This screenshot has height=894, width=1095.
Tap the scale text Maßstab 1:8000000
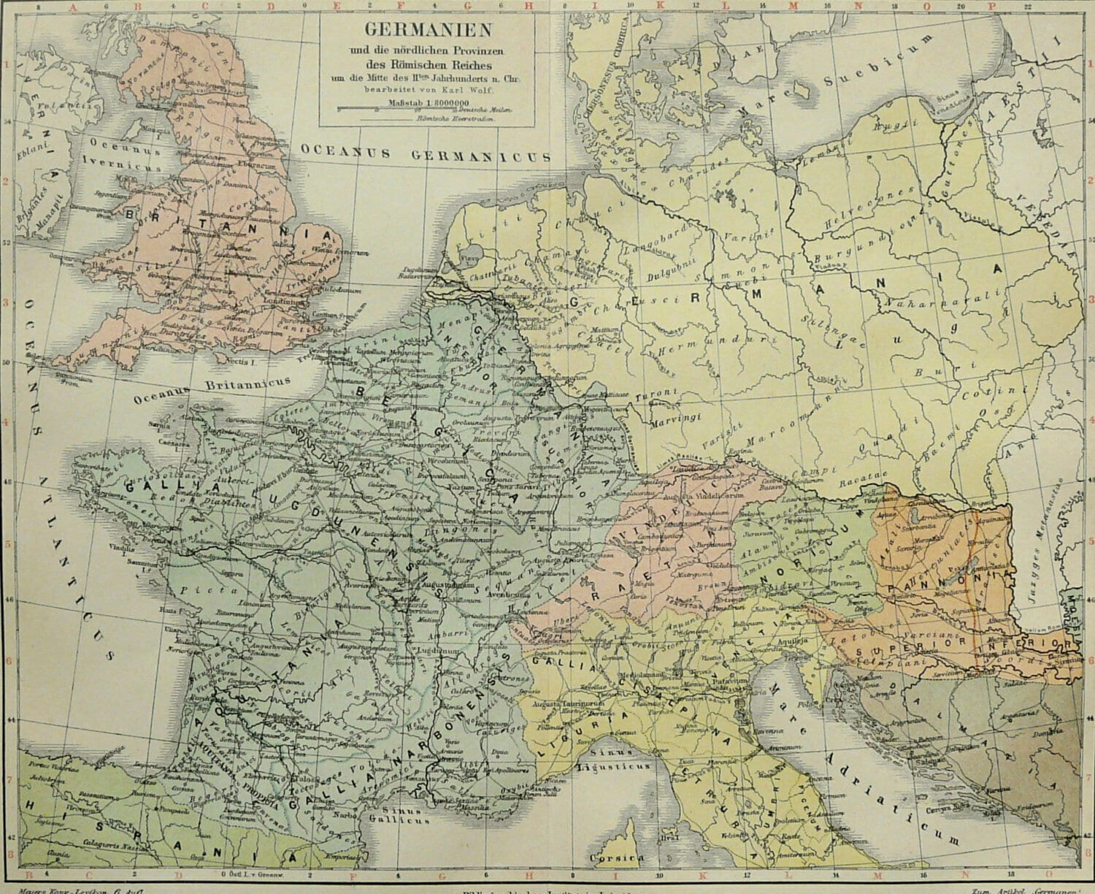[425, 102]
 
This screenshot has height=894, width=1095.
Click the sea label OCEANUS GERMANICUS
[426, 154]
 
